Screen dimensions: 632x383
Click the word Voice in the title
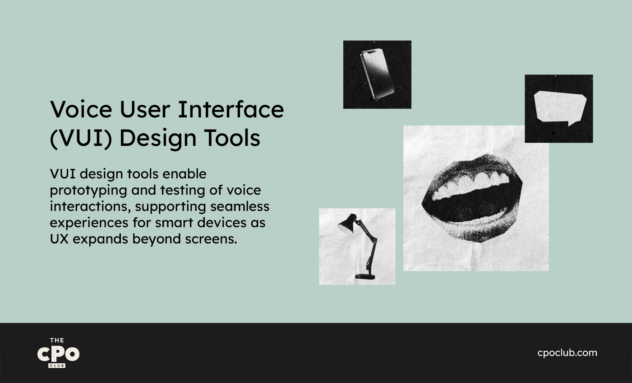pos(81,109)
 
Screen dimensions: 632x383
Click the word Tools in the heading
pos(232,138)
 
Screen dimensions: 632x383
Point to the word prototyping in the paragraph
pos(88,191)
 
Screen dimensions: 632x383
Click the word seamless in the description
pos(240,206)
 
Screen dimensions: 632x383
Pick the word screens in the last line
pos(211,239)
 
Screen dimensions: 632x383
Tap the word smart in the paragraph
pos(174,223)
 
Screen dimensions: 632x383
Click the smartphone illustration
pos(377,75)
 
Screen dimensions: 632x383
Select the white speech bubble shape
pos(560,107)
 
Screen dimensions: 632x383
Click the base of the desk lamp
pos(365,276)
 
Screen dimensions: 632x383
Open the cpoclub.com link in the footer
pos(567,353)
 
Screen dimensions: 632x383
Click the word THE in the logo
pos(57,340)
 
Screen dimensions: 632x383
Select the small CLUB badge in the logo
pos(57,366)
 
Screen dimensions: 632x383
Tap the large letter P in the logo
pos(58,354)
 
